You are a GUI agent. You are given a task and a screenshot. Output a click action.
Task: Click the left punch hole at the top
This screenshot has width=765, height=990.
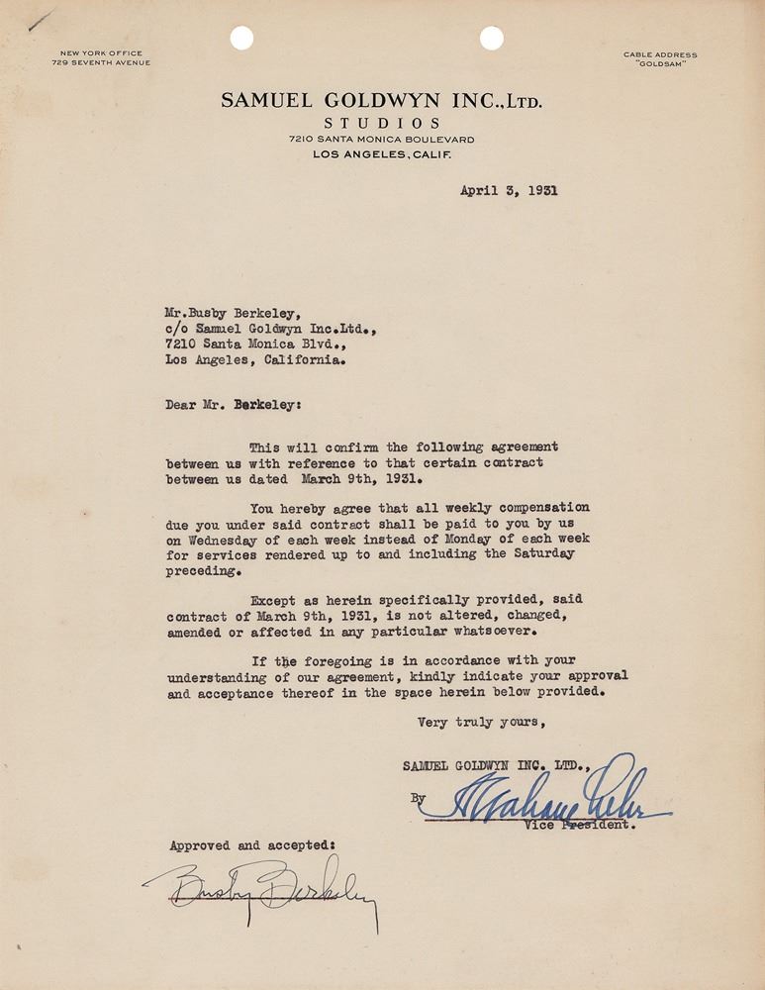241,39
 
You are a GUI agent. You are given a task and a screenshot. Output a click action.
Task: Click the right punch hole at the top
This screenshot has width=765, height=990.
492,39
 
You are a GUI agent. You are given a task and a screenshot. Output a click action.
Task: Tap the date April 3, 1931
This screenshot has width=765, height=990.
509,191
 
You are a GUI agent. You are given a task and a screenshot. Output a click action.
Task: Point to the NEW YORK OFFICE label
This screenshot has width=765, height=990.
101,53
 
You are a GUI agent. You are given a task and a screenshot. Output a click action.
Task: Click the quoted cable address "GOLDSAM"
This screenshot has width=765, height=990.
660,63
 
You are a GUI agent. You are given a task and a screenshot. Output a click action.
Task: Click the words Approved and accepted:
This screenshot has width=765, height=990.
252,845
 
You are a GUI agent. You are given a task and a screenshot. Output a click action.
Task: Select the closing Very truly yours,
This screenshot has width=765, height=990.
478,722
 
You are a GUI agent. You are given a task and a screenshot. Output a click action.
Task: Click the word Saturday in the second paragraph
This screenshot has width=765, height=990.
537,554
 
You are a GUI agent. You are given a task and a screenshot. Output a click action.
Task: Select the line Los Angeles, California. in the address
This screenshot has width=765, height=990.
256,361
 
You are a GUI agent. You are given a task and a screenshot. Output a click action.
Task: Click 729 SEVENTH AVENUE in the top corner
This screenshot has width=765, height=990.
101,63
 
